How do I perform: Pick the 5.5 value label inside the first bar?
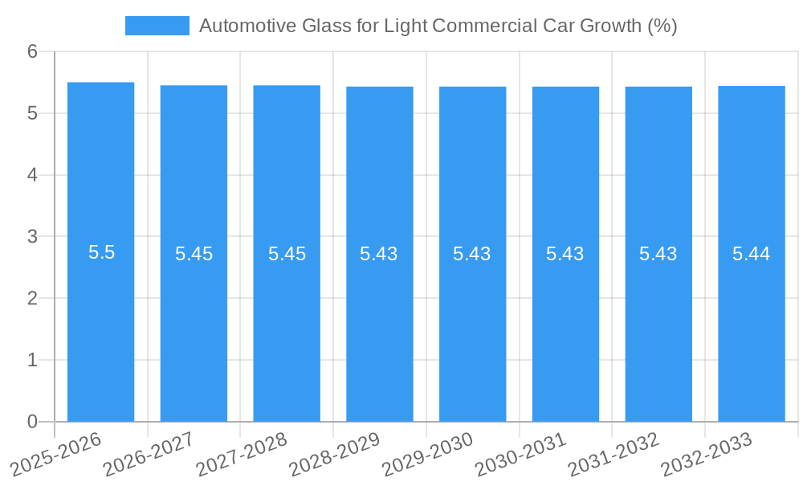101,252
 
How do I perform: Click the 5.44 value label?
751,254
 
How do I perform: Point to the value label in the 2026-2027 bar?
194,254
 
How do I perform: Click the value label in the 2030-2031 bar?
565,254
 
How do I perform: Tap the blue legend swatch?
157,26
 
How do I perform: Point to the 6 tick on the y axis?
32,52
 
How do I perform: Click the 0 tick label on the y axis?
32,422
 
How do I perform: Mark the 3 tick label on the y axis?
32,237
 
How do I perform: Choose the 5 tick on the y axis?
32,113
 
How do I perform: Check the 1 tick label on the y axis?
32,360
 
